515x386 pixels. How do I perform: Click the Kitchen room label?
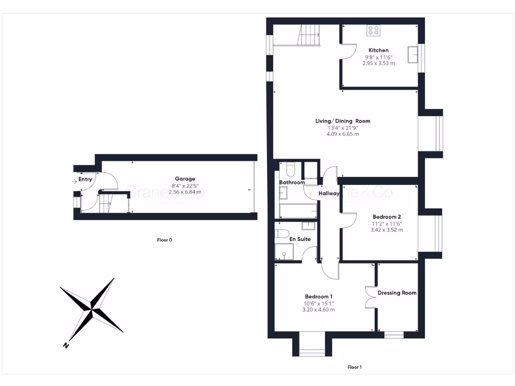[378, 50]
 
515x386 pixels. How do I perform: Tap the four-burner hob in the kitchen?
[373, 30]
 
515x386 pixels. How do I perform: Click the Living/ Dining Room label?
[342, 121]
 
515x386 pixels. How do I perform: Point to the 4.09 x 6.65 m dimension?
[342, 134]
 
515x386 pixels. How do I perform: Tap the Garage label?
[185, 179]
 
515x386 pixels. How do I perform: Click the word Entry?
[85, 179]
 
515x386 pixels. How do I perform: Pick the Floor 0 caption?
[164, 240]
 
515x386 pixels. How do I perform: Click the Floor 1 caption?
[355, 367]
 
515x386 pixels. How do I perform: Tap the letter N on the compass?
[65, 345]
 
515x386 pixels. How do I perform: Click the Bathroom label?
[292, 182]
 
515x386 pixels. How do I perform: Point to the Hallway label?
[329, 194]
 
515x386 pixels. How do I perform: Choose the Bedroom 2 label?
[386, 217]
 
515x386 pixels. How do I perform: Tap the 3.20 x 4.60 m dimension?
[318, 310]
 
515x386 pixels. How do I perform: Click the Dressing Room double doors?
[371, 297]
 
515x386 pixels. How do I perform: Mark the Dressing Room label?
[397, 293]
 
